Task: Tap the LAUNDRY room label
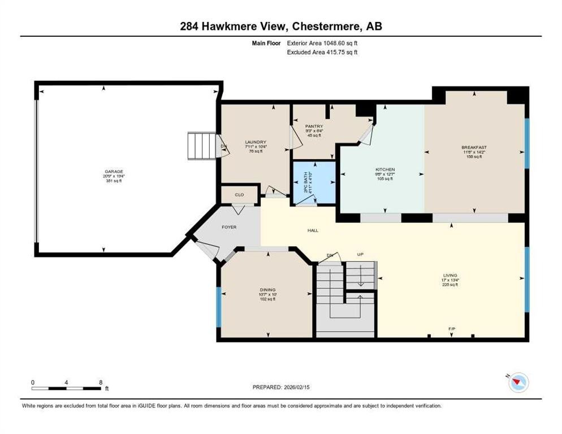coord(255,142)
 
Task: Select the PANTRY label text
coord(314,127)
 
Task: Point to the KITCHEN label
coord(385,170)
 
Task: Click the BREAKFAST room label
coord(473,147)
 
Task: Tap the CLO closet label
coord(239,195)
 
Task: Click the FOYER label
coord(229,227)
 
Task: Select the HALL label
coord(313,230)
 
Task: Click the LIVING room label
coord(450,276)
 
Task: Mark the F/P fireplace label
coord(452,328)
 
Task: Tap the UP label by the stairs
coord(360,255)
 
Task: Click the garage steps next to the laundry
coord(202,146)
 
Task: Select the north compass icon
coord(518,383)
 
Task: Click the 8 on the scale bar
coord(100,382)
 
